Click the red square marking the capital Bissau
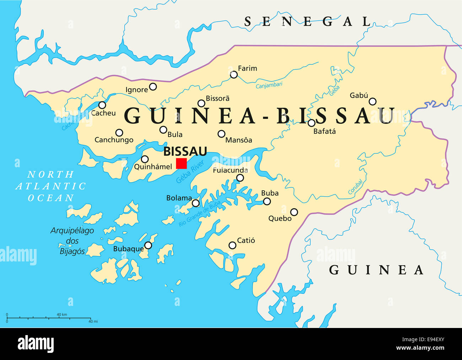181,163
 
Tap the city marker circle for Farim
234,75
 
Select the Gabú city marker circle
372,102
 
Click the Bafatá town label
324,131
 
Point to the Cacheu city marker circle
102,105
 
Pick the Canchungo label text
114,140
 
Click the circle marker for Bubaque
148,245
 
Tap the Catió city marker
232,245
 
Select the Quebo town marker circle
294,212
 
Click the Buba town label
270,193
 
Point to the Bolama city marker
196,203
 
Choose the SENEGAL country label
308,22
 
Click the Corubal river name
355,187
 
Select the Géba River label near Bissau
190,172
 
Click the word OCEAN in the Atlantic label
51,198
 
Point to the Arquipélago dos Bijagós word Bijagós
72,251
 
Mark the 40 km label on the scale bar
62,314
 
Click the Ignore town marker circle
153,87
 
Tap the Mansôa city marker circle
221,134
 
